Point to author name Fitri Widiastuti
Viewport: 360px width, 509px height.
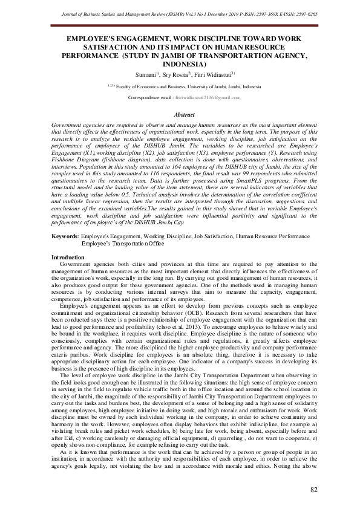click(206, 74)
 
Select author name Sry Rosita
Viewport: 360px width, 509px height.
click(174, 74)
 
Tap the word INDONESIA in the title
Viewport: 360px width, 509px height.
click(180, 64)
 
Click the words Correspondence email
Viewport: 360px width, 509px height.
click(151, 97)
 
